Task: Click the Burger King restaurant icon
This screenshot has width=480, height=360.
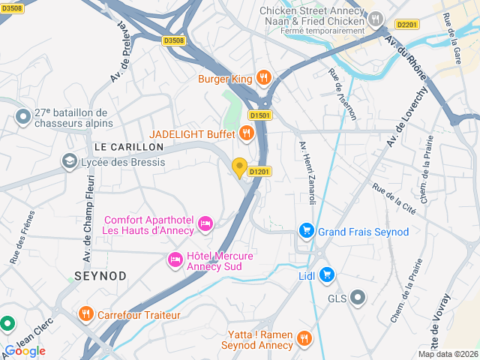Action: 263,77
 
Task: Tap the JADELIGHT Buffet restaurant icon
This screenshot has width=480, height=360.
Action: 246,133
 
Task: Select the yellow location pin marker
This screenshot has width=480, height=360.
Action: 240,168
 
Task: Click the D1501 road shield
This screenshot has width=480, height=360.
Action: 259,115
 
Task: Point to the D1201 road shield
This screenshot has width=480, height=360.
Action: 259,172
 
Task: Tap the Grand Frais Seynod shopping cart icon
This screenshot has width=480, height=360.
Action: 306,231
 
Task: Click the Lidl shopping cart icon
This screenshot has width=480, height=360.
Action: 326,275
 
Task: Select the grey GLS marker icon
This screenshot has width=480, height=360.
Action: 358,298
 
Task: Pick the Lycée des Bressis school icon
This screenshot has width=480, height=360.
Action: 70,160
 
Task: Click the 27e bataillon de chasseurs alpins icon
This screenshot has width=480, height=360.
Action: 23,116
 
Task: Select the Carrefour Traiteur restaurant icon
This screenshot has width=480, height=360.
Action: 85,314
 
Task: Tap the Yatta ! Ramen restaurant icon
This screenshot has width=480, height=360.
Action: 304,338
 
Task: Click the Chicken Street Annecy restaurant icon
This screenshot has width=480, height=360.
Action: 376,17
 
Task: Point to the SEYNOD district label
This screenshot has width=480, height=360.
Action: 100,276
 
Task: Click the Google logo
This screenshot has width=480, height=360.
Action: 25,351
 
